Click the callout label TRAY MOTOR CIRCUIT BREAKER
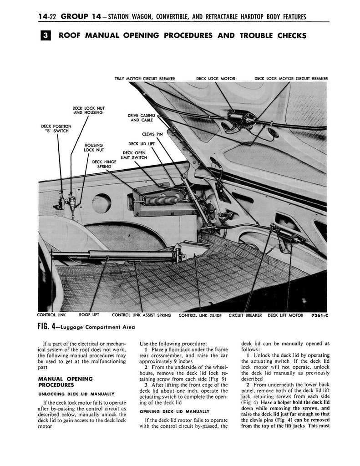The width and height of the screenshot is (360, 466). pyautogui.click(x=145, y=79)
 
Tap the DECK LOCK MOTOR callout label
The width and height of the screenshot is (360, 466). pyautogui.click(x=216, y=79)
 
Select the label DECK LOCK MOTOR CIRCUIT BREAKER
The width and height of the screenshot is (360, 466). pyautogui.click(x=291, y=79)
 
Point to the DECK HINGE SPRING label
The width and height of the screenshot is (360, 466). pyautogui.click(x=104, y=164)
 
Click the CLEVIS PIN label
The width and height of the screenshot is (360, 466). pyautogui.click(x=152, y=135)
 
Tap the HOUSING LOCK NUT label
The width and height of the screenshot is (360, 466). pyautogui.click(x=94, y=147)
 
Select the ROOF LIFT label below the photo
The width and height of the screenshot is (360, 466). pyautogui.click(x=89, y=314)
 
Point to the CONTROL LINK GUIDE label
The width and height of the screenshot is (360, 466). pyautogui.click(x=200, y=315)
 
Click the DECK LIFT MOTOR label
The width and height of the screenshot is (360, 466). pyautogui.click(x=284, y=315)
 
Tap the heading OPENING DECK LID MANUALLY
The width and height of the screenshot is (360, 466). pyautogui.click(x=175, y=410)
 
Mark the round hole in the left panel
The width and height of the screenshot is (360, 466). pyautogui.click(x=101, y=203)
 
